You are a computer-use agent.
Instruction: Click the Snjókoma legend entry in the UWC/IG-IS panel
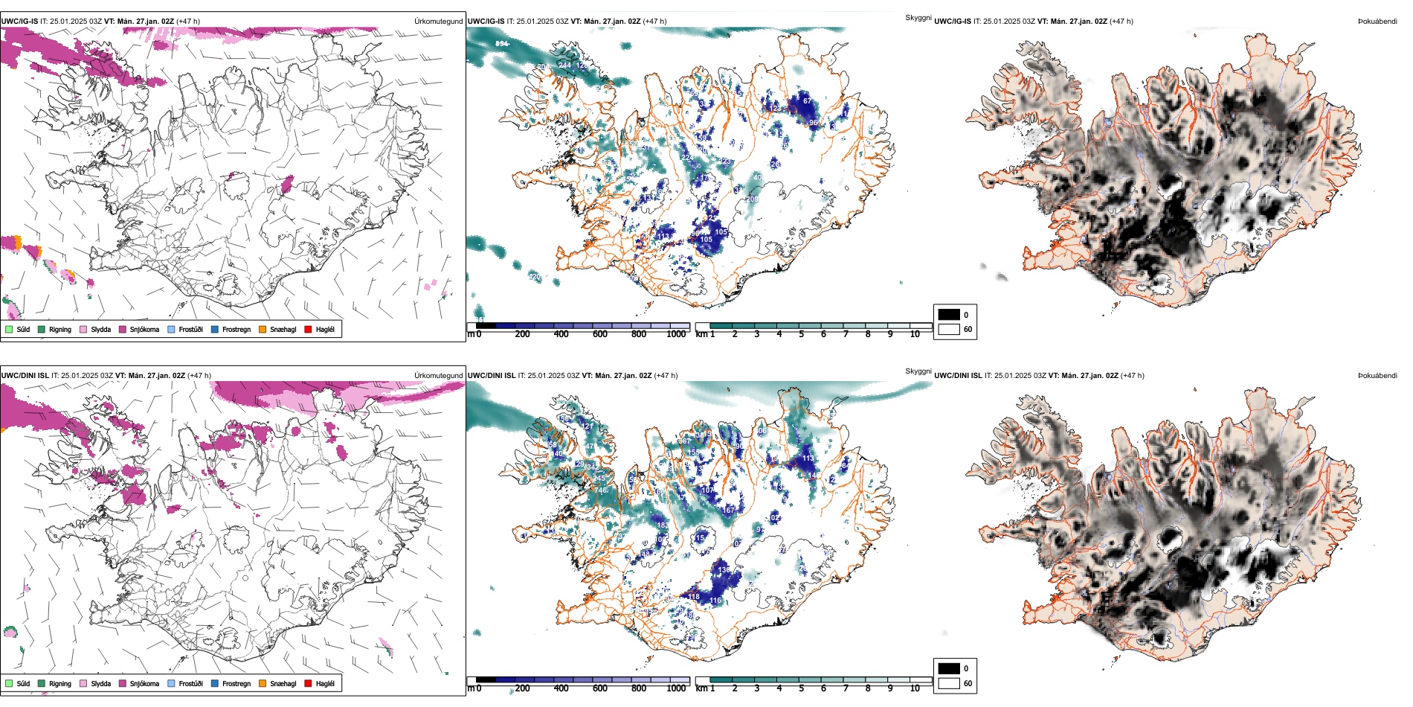coord(144,330)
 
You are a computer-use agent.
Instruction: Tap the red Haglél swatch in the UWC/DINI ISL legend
coord(309,684)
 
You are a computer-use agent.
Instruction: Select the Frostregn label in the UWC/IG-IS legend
coord(236,330)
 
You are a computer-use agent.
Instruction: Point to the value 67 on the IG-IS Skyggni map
coord(807,101)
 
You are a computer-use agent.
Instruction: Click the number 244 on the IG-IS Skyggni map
coord(564,65)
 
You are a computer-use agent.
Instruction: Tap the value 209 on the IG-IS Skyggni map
coord(752,199)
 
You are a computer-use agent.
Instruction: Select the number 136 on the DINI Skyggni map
coord(724,570)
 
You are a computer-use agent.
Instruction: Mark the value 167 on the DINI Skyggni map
coord(728,511)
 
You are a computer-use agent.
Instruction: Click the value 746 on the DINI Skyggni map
coord(602,490)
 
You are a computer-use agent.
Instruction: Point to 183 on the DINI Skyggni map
coord(663,525)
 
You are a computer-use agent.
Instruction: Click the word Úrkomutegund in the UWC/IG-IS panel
coord(438,22)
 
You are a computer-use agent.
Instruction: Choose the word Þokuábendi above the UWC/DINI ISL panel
coord(1377,376)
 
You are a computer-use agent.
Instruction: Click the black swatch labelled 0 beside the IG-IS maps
coord(949,315)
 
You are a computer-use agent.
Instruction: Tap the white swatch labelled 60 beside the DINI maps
coord(949,683)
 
